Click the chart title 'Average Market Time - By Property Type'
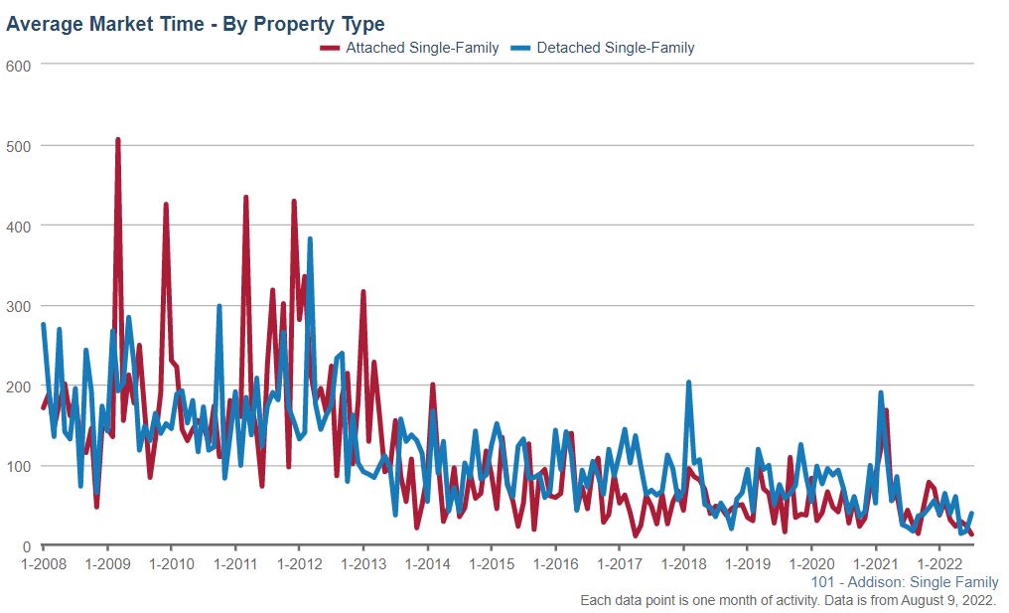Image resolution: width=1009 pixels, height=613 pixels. click(x=196, y=24)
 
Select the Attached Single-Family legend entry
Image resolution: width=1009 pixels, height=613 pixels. click(x=409, y=48)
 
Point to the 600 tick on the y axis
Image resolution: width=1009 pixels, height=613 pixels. click(x=20, y=66)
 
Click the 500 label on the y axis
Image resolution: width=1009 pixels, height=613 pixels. click(x=20, y=146)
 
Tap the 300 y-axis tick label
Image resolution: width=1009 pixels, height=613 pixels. click(x=20, y=306)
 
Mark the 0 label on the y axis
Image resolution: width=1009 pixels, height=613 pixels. click(x=28, y=546)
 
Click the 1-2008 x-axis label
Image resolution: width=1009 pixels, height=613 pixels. click(x=43, y=564)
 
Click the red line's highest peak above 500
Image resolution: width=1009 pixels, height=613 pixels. click(x=117, y=140)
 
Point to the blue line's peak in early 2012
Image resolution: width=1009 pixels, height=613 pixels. click(x=310, y=238)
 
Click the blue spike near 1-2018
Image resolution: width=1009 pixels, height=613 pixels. click(x=688, y=383)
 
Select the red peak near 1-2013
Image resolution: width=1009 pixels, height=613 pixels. click(x=363, y=291)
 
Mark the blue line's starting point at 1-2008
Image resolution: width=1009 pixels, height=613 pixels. click(x=43, y=324)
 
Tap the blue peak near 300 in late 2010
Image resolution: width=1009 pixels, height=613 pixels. click(x=219, y=306)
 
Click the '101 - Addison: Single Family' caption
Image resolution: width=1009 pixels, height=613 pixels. click(x=905, y=583)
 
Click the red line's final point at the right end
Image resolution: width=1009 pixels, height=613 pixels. click(x=971, y=535)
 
